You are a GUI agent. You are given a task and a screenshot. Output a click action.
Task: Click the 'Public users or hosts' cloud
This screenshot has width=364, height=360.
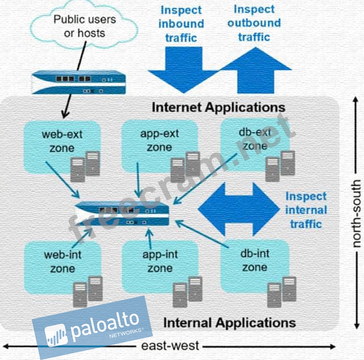click(84, 25)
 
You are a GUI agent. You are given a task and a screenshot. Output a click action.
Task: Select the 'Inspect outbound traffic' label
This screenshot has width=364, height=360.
click(254, 23)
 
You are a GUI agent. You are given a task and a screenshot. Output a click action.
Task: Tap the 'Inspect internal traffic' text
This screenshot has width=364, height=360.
click(306, 210)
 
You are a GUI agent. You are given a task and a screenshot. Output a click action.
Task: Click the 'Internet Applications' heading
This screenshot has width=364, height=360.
click(218, 108)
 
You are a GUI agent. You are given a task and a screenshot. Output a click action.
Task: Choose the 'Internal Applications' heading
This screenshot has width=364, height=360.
click(229, 323)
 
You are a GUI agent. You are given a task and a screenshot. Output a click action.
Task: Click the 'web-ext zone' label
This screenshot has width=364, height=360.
click(62, 141)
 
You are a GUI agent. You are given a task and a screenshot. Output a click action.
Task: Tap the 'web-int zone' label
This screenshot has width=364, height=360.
click(62, 262)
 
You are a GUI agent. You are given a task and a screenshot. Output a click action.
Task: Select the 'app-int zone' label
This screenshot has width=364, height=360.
click(160, 262)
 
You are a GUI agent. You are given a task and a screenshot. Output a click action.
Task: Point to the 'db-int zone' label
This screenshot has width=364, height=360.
click(255, 261)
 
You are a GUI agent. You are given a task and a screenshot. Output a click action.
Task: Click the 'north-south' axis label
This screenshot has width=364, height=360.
click(356, 213)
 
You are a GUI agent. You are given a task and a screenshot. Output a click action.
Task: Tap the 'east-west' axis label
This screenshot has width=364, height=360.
click(170, 346)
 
